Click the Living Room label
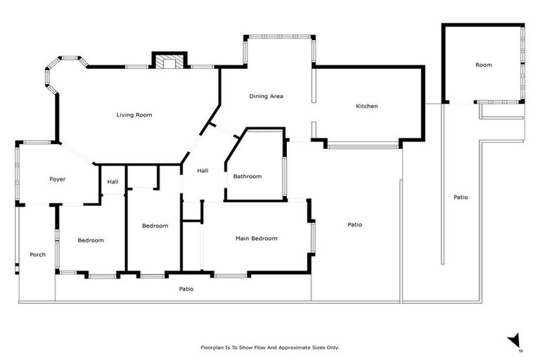(134, 115)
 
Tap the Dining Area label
(266, 96)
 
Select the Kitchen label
(366, 106)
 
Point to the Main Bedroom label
(256, 238)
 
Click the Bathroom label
(247, 176)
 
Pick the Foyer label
(58, 179)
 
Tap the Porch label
(37, 255)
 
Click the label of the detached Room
(483, 65)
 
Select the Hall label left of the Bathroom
(202, 171)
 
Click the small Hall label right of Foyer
(112, 182)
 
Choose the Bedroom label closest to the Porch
(91, 240)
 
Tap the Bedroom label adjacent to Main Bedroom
(155, 226)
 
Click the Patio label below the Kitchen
(354, 225)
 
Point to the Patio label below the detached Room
(461, 198)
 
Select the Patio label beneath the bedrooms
(186, 289)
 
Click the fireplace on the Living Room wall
(169, 63)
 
